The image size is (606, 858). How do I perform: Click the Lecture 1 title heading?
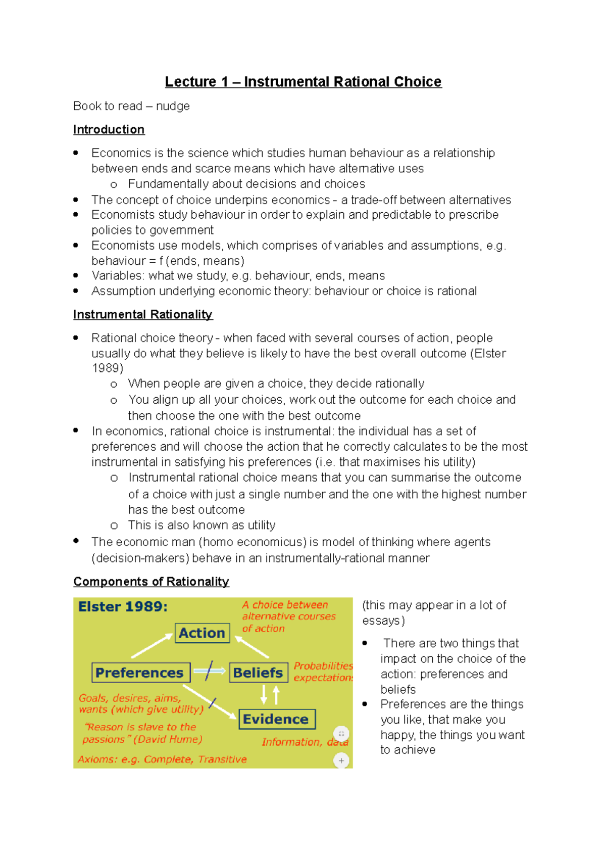303,82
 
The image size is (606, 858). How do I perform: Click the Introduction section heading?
109,130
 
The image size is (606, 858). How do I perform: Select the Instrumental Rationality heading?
142,315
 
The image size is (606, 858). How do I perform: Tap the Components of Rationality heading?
151,582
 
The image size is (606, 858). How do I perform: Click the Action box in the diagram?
202,633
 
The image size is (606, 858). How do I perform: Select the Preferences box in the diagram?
140,673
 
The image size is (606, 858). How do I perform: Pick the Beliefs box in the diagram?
258,673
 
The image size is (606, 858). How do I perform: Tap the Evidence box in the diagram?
276,719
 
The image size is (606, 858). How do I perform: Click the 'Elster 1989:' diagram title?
123,607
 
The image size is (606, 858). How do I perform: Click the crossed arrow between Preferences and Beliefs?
209,671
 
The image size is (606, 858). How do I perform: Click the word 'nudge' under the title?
173,106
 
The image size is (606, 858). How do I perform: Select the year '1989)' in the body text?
107,368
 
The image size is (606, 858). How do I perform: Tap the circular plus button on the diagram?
341,760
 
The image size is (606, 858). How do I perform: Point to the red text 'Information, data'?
305,742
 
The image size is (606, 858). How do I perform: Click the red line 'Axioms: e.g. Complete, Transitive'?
162,759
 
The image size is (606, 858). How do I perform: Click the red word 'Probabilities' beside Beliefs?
323,666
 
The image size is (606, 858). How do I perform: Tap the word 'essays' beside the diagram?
381,621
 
